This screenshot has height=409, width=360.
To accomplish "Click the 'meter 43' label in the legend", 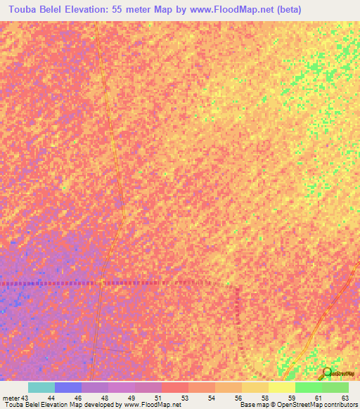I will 15,398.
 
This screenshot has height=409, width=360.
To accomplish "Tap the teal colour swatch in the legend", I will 41,387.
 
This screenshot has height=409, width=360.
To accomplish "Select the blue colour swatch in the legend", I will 67,387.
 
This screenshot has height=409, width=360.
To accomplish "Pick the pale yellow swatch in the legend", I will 281,387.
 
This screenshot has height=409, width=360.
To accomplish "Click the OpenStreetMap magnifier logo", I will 326,373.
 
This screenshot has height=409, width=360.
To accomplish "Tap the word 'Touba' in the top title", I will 22,10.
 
